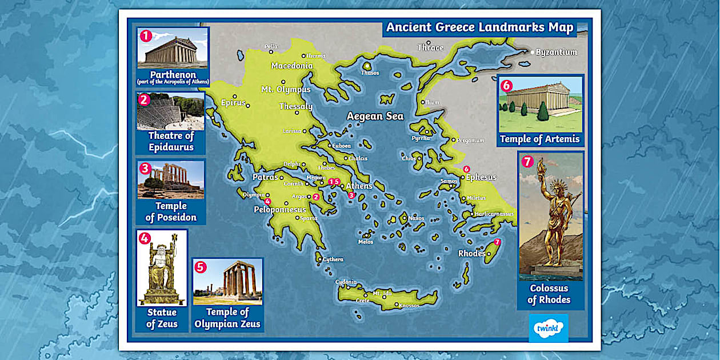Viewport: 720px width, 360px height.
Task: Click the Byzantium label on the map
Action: (556, 52)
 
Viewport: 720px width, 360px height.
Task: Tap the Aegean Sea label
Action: (375, 116)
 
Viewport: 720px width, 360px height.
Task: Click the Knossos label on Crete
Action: (409, 306)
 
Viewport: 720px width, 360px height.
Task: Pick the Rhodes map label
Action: (471, 253)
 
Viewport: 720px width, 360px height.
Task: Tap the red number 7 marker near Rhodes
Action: (497, 242)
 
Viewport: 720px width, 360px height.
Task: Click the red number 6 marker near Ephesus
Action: (466, 169)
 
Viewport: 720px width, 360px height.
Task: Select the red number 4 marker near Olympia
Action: (267, 201)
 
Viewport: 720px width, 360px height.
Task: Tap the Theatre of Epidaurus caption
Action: (171, 141)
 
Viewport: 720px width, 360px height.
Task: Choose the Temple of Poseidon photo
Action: (171, 179)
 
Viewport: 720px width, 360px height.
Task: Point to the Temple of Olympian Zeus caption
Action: (227, 318)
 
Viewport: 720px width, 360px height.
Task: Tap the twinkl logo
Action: (548, 328)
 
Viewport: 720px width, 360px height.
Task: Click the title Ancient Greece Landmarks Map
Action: (479, 27)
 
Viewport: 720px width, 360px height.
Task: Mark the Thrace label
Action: (430, 47)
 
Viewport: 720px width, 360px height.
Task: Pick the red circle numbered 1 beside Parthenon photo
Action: (146, 36)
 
